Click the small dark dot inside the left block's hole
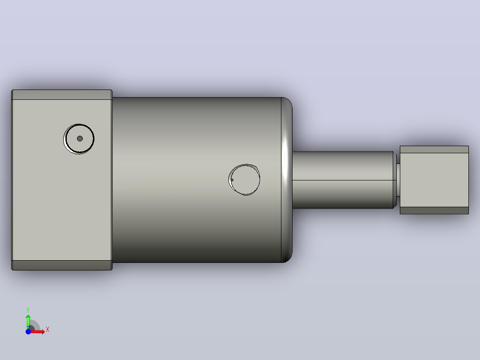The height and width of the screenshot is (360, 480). [80, 139]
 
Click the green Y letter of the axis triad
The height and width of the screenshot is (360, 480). [28, 310]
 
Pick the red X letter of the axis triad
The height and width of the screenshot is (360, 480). [48, 330]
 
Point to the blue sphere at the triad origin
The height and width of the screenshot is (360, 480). [28, 331]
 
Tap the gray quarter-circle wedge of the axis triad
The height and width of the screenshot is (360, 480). [35, 325]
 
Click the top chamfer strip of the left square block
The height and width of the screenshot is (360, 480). [62, 94]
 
